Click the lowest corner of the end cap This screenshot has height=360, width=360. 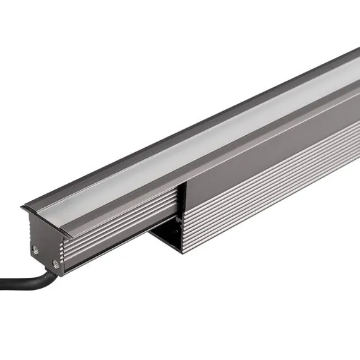pos(62,273)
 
